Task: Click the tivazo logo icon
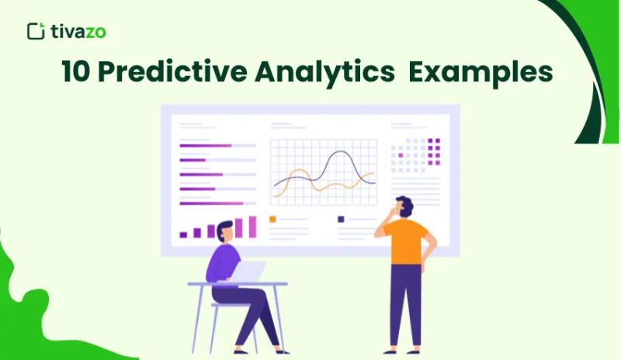[35, 31]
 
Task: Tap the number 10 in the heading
[76, 72]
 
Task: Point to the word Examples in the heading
[481, 72]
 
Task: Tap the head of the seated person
[224, 230]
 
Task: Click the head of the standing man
[404, 208]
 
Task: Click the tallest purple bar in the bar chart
[252, 226]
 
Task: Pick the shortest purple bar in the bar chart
[183, 234]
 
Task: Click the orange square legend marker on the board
[272, 220]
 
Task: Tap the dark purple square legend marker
[341, 220]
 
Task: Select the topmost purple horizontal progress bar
[206, 145]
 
